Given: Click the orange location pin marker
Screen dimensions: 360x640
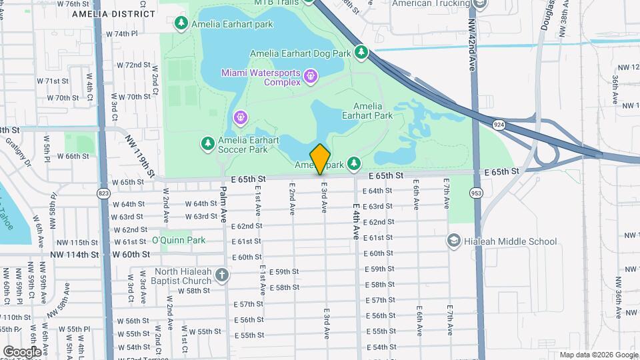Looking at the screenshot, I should coord(320,159).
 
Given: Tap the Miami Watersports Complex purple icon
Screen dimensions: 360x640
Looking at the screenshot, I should coord(310,77).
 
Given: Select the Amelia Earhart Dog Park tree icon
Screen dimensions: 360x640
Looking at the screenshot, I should coord(361,52).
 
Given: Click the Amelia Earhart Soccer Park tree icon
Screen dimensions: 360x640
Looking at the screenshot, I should coord(207,143).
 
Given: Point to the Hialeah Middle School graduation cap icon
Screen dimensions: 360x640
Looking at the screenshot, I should coord(454,241).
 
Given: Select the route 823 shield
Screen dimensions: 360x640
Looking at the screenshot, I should coord(103,193).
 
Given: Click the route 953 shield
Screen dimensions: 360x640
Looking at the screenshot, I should coord(475,193).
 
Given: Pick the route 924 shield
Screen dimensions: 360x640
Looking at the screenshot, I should coord(498,125).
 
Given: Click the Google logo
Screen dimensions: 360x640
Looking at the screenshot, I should coord(21,351).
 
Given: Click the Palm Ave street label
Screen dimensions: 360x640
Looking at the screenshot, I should coord(224,205).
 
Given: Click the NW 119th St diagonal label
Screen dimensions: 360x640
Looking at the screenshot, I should coord(140,157).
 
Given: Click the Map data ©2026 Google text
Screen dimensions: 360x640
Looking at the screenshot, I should coord(598,355).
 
